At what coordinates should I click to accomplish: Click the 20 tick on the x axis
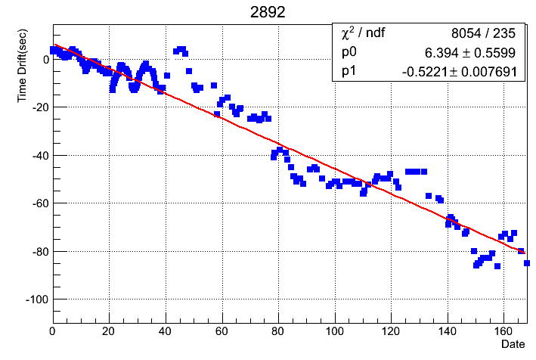(109, 331)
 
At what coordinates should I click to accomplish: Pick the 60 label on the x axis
(222, 331)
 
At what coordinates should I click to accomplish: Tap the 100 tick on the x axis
(335, 331)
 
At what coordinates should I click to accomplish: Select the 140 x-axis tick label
(448, 331)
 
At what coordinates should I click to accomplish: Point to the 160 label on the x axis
(504, 331)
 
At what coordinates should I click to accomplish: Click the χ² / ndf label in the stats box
(364, 33)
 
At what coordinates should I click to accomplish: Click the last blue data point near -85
(527, 263)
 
